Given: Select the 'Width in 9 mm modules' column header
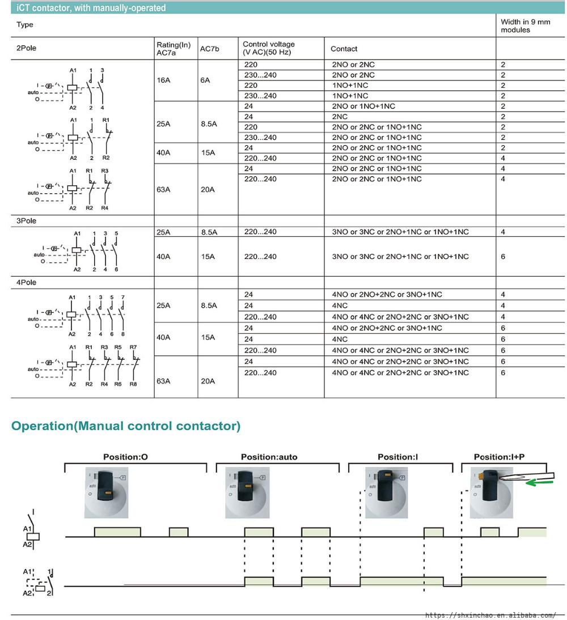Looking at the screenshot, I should click(525, 26).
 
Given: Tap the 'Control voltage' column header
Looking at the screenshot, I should click(269, 48).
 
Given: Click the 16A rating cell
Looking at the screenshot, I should click(163, 80).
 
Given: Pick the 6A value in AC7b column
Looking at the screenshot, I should click(205, 80).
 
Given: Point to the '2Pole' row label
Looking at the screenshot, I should click(26, 48).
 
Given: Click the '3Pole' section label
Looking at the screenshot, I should click(26, 221).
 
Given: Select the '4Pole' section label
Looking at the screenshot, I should click(26, 282).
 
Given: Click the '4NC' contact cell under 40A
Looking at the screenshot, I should click(340, 339).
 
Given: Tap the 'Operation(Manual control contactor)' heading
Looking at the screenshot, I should click(126, 426).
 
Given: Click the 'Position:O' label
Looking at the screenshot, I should click(125, 457).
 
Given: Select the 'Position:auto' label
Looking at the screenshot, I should click(269, 457).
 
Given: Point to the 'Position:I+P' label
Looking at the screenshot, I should click(499, 457).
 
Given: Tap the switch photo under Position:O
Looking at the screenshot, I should click(107, 492).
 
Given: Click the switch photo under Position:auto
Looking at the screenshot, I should click(247, 492).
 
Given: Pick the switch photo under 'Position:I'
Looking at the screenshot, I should click(386, 492).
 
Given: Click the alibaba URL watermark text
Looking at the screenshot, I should click(490, 615).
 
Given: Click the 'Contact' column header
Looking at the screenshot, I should click(344, 49).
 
